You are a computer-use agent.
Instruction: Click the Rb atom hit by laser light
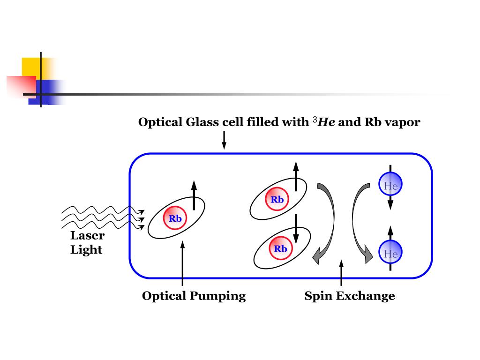pos(175,218)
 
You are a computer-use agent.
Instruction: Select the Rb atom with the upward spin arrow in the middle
pos(277,200)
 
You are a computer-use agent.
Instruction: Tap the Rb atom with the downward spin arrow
pos(280,248)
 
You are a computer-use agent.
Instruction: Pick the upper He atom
pos(390,185)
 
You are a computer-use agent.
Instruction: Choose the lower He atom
pos(390,254)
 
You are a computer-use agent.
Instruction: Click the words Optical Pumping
pos(194,296)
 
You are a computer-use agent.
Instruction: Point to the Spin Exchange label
pos(349,296)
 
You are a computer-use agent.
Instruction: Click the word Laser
pos(87,235)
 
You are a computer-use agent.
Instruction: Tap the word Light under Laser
pos(86,249)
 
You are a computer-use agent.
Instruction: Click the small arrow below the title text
pos(224,140)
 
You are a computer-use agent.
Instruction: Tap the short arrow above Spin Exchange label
pos(341,272)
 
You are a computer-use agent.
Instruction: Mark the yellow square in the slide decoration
pos(31,67)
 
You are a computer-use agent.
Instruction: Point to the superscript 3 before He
pos(314,120)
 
